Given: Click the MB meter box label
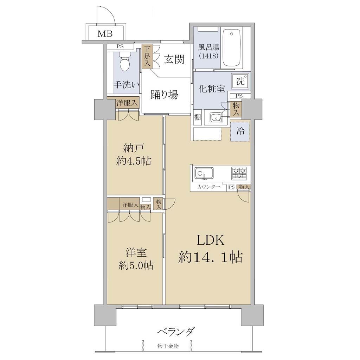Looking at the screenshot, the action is coord(105,34).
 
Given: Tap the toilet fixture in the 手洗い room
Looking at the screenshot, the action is coord(125,60).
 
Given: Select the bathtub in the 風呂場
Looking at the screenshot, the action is coord(232,49).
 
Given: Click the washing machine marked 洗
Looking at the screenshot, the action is coord(240,81).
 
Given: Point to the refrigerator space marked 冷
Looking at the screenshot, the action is coord(240,131).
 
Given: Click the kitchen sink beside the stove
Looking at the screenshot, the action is coord(204,173).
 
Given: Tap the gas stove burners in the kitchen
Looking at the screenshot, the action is coord(239,173).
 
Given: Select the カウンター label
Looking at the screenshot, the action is coord(208,187).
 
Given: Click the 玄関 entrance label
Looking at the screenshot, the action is coord(174,59).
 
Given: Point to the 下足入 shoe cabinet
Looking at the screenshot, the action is coord(147,57).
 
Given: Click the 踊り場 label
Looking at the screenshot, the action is coord(164,94).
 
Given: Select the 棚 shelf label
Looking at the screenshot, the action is coord(197,117).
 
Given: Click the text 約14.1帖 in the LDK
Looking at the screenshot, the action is coord(210,257).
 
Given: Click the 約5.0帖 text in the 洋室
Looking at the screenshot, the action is coord(136,266).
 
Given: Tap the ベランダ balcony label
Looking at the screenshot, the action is coord(176,332).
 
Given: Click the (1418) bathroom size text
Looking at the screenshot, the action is coord(209,56).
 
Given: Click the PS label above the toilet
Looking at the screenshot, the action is coord(120,46).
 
